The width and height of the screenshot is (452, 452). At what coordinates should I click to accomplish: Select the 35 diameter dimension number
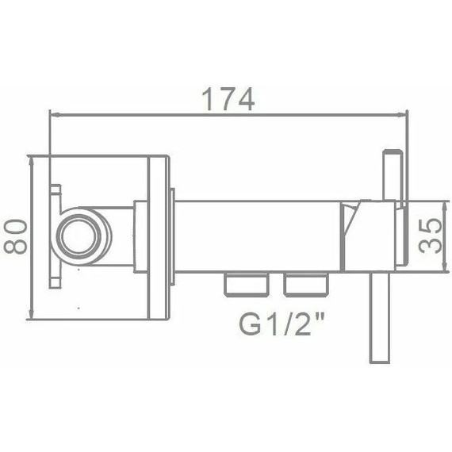[x=431, y=235]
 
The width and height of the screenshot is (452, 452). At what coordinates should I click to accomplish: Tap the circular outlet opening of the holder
[x=79, y=236]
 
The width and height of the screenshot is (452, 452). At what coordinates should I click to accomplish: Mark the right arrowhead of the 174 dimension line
[x=404, y=114]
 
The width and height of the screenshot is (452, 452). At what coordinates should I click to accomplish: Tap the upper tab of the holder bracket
[x=56, y=192]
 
